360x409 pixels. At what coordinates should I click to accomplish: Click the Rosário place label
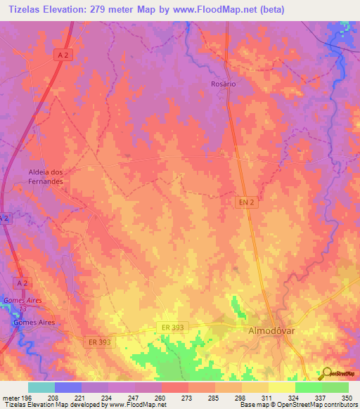(223, 83)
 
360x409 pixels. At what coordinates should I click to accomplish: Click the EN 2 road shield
(243, 202)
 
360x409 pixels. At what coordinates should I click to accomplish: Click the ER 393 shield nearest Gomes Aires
(101, 342)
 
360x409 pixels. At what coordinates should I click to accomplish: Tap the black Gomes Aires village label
(34, 323)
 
